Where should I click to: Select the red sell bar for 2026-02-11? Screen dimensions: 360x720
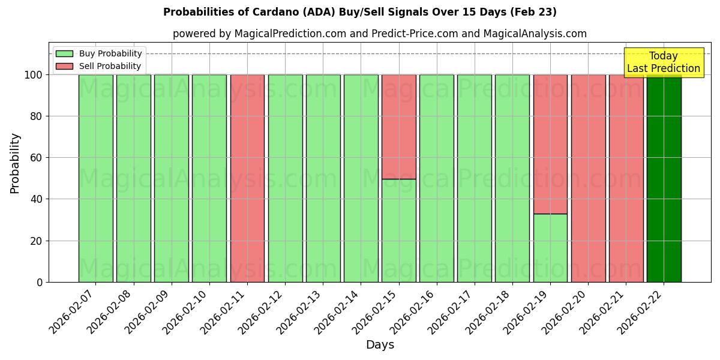coord(247,178)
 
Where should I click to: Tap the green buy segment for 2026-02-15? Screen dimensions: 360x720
coord(398,230)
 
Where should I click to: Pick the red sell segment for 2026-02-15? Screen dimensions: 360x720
coord(398,127)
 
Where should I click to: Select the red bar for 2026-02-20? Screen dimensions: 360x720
coord(588,178)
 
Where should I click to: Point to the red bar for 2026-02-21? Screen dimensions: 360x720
coord(626,178)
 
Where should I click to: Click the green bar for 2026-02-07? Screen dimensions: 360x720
coord(95,178)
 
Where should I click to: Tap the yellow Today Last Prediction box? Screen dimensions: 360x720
coord(664,62)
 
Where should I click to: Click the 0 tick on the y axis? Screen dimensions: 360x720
coord(40,282)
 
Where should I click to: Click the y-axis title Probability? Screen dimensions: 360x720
coord(15,163)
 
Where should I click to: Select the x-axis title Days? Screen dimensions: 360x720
coord(380,345)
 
